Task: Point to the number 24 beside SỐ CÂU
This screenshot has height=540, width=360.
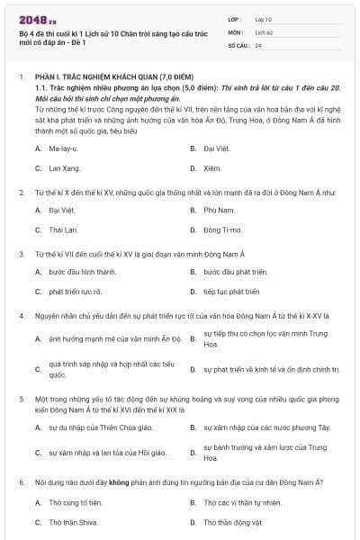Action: point(258,44)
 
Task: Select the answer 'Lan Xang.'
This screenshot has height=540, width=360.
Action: point(64,167)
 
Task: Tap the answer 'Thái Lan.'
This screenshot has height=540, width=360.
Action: point(64,229)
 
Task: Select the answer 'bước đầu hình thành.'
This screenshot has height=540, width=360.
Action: point(83,271)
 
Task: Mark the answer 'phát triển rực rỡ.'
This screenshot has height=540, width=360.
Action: point(76,292)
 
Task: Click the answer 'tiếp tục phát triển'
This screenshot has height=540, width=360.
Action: point(231,292)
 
